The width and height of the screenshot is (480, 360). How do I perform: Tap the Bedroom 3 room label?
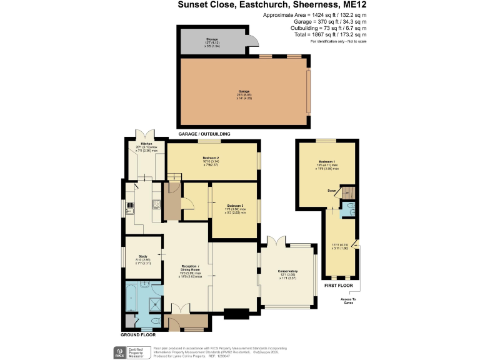coord(235,206)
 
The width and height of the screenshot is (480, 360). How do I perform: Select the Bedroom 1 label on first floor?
coord(327,162)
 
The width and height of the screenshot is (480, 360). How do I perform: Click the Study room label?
coord(143,255)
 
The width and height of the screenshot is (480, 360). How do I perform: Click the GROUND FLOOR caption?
coord(138,336)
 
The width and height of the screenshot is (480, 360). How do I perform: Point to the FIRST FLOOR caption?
coord(338,285)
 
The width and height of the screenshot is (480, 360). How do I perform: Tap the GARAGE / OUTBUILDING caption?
coord(204,134)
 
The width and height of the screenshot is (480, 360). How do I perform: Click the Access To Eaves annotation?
coord(349,301)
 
